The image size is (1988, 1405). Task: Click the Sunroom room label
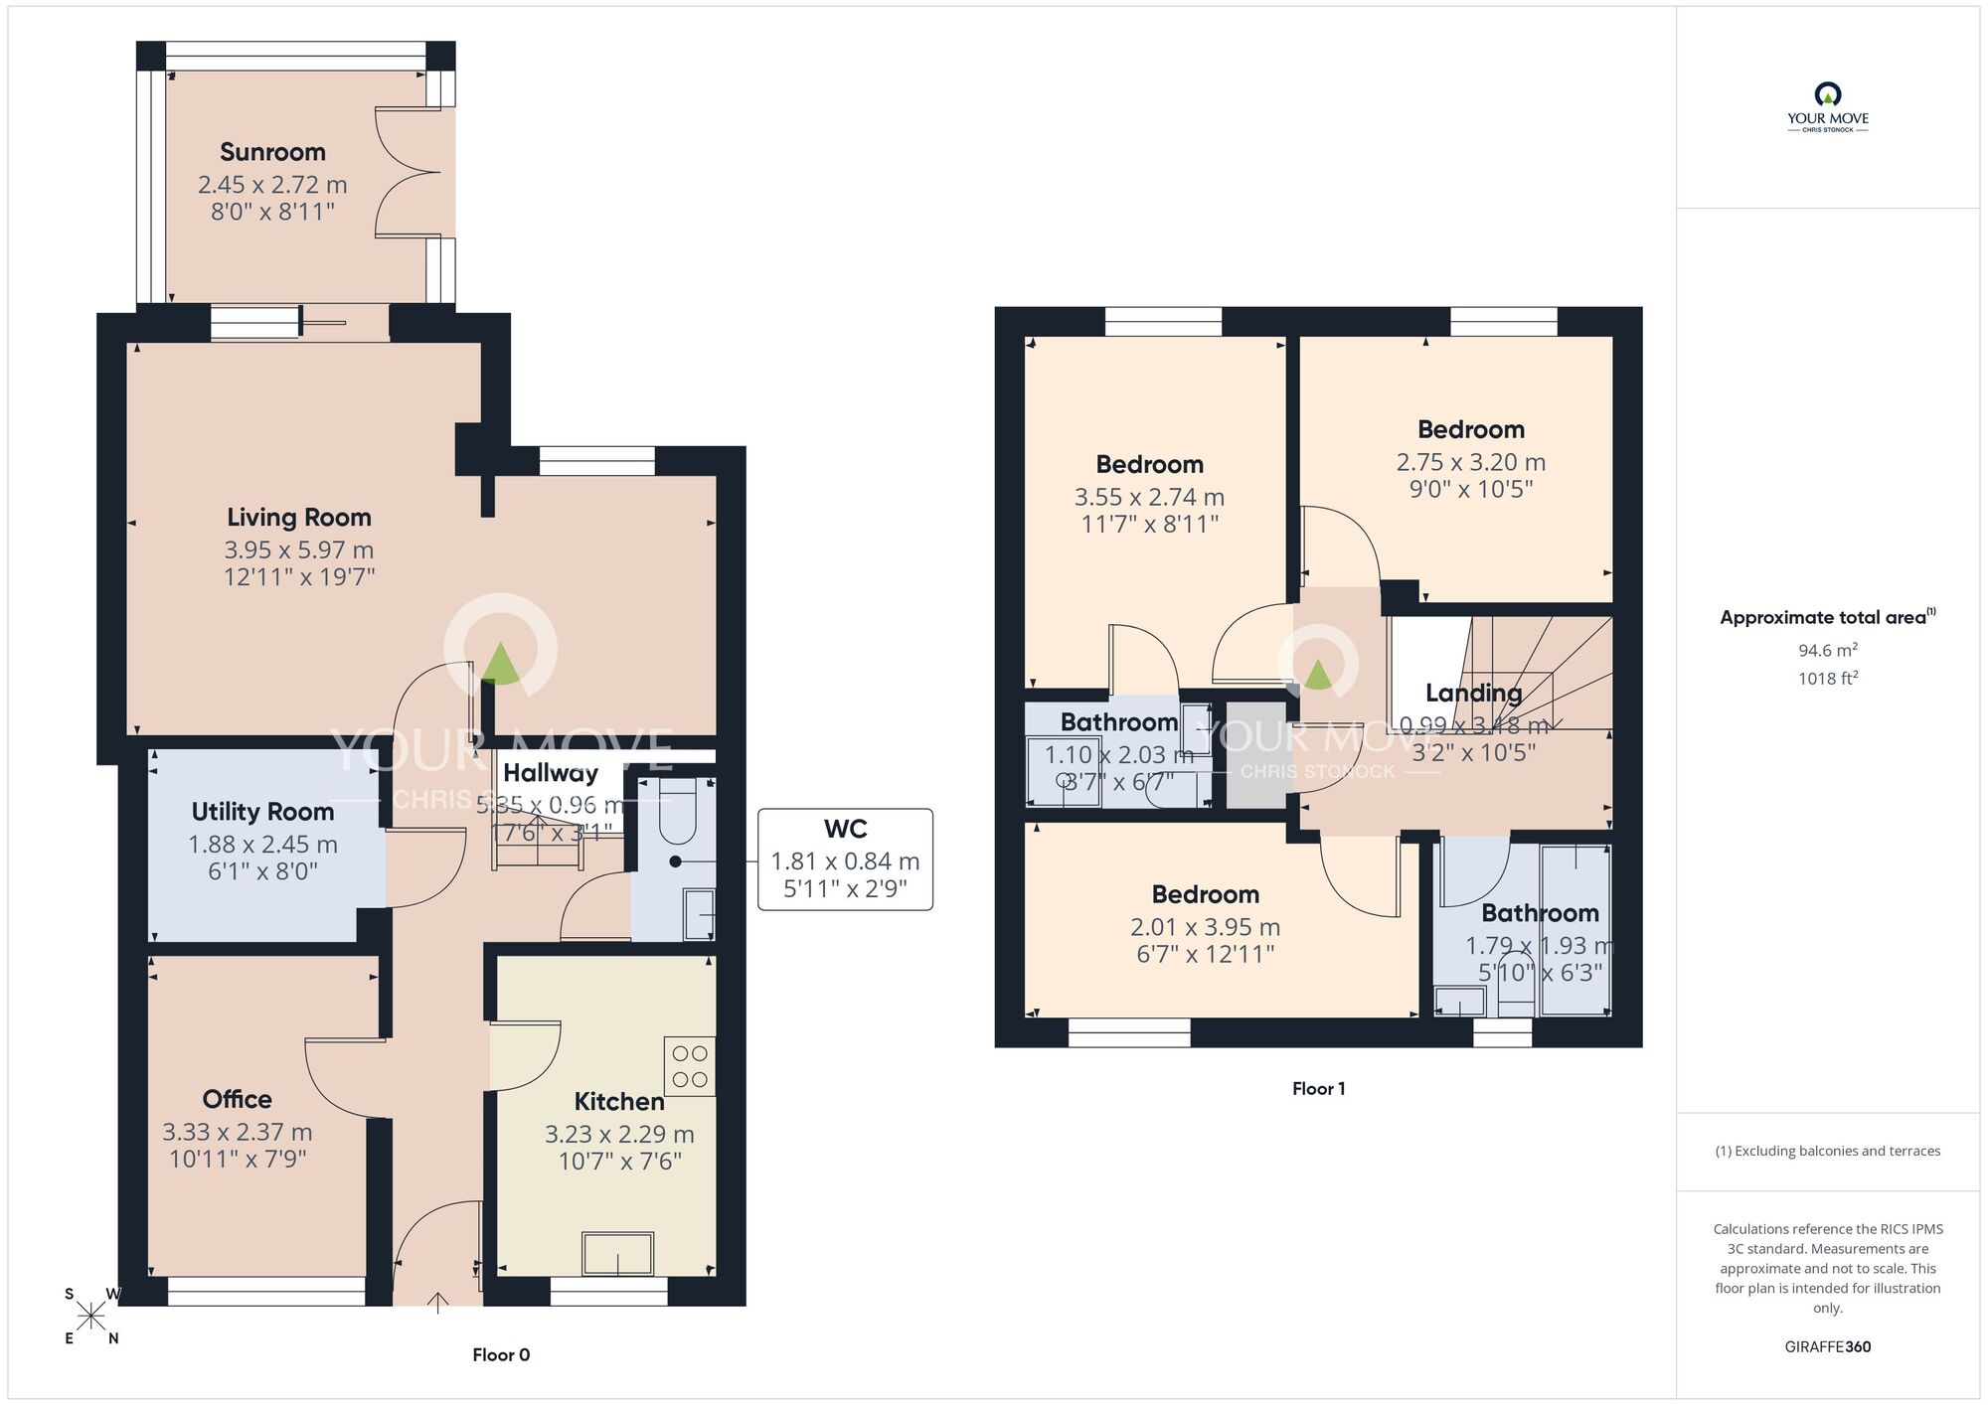pyautogui.click(x=272, y=152)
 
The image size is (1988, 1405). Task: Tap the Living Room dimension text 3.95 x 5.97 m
pyautogui.click(x=298, y=549)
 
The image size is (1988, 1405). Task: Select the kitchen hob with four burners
pyautogui.click(x=690, y=1066)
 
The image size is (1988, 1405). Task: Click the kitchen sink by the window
pyautogui.click(x=617, y=1254)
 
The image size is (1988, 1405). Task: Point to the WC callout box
pyautogui.click(x=845, y=859)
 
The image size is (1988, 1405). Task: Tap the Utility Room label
pyautogui.click(x=262, y=812)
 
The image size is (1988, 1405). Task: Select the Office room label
pyautogui.click(x=237, y=1099)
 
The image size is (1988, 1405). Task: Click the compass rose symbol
pyautogui.click(x=91, y=1317)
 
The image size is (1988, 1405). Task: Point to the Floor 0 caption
pyautogui.click(x=501, y=1355)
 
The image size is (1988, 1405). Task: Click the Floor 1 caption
pyautogui.click(x=1318, y=1089)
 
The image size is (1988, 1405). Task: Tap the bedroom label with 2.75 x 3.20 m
pyautogui.click(x=1470, y=430)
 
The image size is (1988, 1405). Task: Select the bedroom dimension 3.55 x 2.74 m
pyautogui.click(x=1149, y=497)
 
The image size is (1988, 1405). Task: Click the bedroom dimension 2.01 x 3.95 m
pyautogui.click(x=1205, y=927)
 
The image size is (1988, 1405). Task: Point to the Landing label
pyautogui.click(x=1473, y=693)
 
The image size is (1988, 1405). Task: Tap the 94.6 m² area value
pyautogui.click(x=1827, y=651)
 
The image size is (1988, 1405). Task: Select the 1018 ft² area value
pyautogui.click(x=1827, y=679)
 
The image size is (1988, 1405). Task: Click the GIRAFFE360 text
pyautogui.click(x=1827, y=1347)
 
